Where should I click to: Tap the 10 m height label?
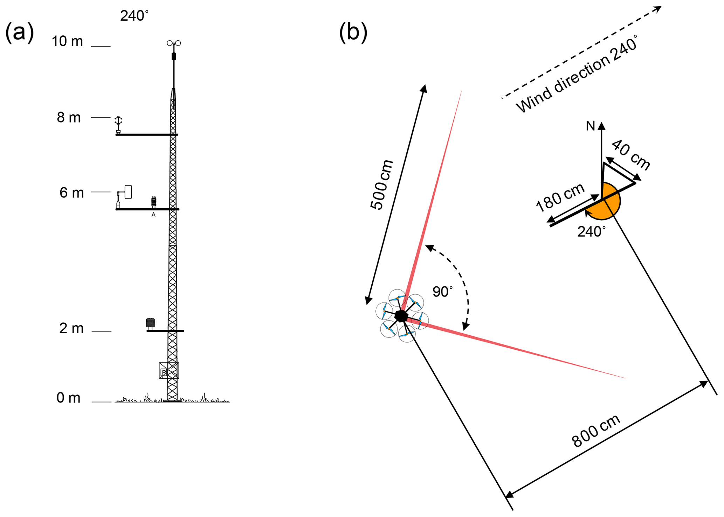(x=67, y=42)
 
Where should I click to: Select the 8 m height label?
(x=69, y=118)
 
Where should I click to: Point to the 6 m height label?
(x=71, y=193)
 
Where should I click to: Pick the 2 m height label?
(x=71, y=328)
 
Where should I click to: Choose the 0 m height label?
(x=69, y=398)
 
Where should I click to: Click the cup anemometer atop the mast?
(x=174, y=43)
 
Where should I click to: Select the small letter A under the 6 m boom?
(x=153, y=215)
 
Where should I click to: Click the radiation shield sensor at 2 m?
(x=150, y=323)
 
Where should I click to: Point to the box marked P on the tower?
(x=164, y=372)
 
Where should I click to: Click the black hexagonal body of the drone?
(x=401, y=316)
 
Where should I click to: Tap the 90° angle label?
(x=442, y=292)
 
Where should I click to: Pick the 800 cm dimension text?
(x=596, y=431)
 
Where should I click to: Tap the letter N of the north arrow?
(x=591, y=126)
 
